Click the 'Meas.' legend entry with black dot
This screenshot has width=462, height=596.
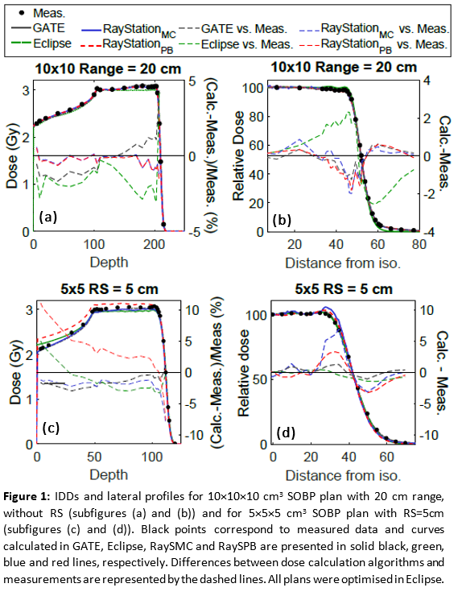click(41, 13)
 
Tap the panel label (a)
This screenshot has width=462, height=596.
click(47, 217)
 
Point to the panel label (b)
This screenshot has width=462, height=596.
click(282, 220)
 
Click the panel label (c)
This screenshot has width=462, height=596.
click(51, 428)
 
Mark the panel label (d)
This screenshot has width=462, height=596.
click(286, 433)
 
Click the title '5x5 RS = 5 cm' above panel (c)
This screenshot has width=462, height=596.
click(109, 289)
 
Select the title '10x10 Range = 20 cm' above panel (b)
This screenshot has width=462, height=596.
click(344, 68)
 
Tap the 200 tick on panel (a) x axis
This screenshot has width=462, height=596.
click(155, 244)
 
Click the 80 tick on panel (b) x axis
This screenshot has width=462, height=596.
click(419, 244)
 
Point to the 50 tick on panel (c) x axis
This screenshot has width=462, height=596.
click(94, 456)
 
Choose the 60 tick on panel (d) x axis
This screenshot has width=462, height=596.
click(387, 456)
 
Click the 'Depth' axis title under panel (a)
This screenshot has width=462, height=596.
click(109, 263)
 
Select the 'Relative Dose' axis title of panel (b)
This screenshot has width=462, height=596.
click(238, 155)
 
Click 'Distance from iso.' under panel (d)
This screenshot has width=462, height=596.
click(343, 475)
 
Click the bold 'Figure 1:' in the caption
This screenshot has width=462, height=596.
click(27, 497)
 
